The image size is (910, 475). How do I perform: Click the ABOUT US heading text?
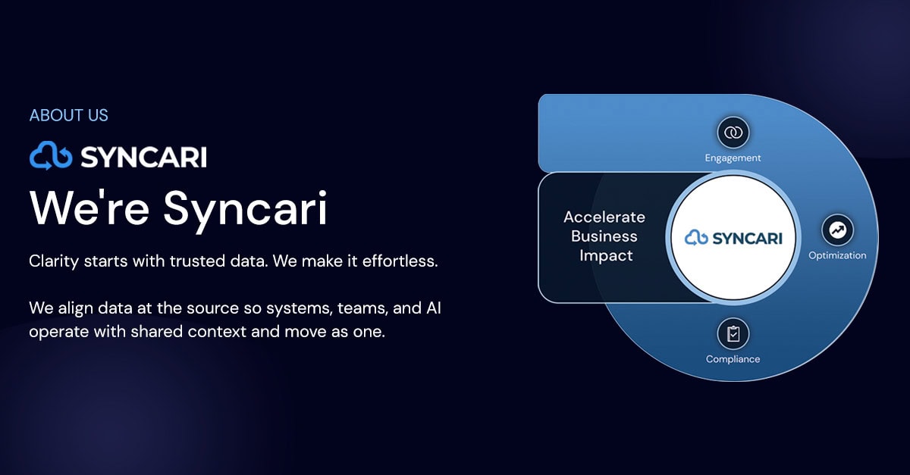click(x=68, y=116)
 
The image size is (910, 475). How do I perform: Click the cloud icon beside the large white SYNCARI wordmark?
click(x=51, y=156)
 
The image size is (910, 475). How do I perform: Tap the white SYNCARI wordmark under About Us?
click(x=143, y=157)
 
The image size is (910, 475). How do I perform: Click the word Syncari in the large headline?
click(x=246, y=208)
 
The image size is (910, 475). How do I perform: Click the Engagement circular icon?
click(x=733, y=133)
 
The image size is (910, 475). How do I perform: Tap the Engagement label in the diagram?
click(x=733, y=158)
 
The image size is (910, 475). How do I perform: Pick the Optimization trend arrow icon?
click(x=837, y=230)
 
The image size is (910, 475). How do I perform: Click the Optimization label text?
click(x=837, y=255)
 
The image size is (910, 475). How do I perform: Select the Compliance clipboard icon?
click(x=733, y=333)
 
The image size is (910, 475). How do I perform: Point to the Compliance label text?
click(x=733, y=359)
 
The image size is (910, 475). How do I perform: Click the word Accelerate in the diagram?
click(x=604, y=217)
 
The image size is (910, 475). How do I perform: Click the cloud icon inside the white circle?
click(x=696, y=238)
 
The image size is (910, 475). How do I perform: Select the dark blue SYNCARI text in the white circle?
click(x=747, y=239)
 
